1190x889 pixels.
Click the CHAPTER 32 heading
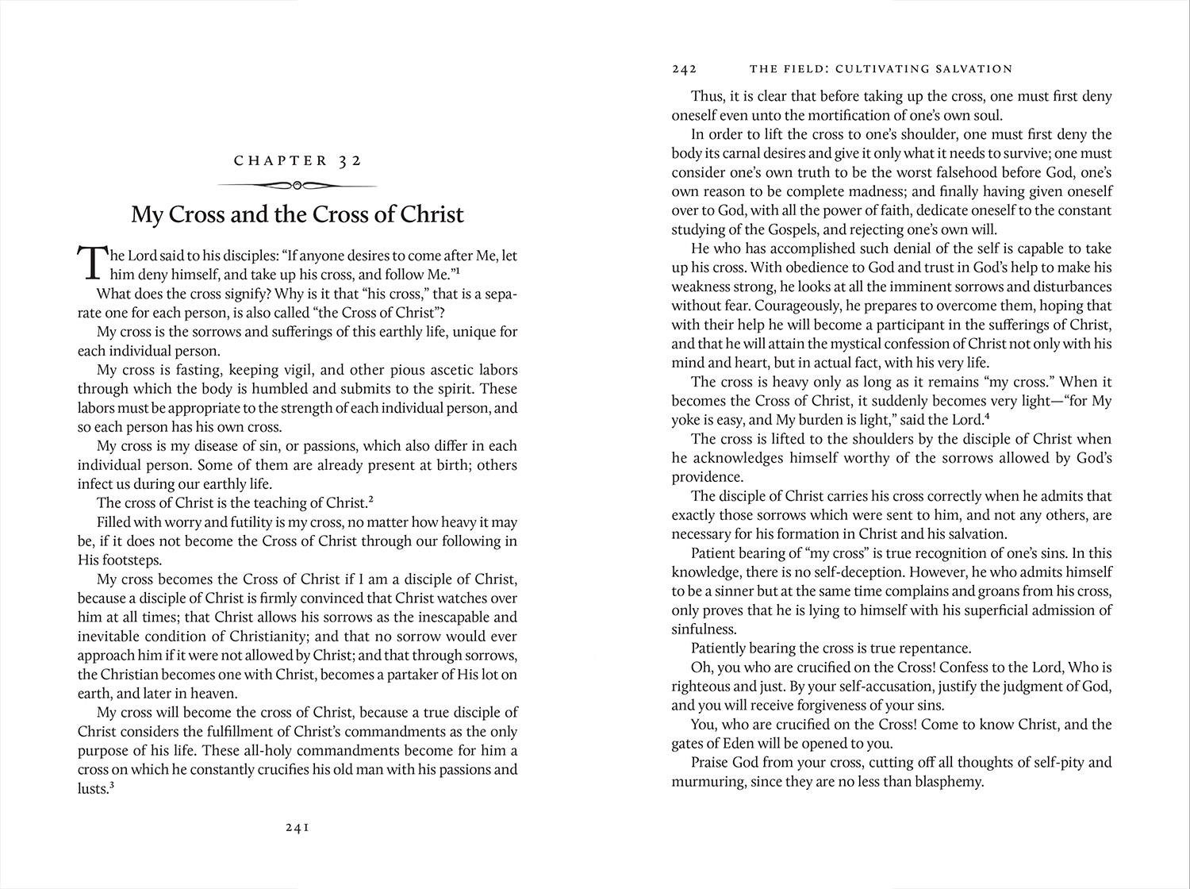click(x=297, y=160)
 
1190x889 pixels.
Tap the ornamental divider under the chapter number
click(x=297, y=186)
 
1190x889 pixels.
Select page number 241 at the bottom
click(x=297, y=827)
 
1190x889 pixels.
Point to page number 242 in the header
click(x=684, y=69)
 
